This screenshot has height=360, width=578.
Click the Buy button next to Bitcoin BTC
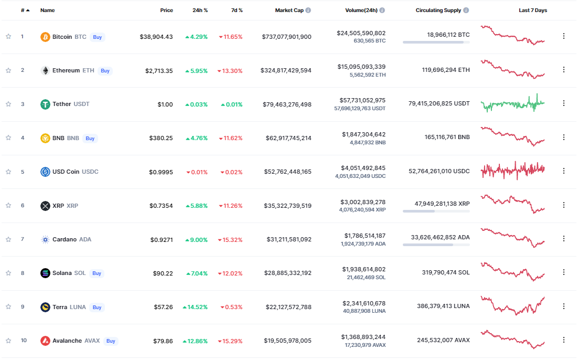[98, 37]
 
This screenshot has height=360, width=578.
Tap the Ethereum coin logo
[45, 70]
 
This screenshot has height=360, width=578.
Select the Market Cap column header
[290, 10]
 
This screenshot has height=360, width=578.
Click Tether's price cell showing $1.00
[165, 104]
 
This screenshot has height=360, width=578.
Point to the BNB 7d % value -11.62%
[231, 139]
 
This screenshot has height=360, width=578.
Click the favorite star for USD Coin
[8, 172]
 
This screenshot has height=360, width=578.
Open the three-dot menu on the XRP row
[564, 205]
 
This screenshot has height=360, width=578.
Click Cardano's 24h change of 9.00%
[197, 240]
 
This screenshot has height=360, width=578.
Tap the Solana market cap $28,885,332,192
[288, 273]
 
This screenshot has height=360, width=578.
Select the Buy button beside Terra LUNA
[97, 307]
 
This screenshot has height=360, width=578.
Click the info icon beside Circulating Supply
[466, 10]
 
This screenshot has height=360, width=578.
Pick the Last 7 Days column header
[533, 10]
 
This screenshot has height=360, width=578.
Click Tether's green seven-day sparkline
[513, 104]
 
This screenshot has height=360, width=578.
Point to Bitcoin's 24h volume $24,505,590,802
[361, 33]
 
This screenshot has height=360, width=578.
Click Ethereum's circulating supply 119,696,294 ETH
[446, 70]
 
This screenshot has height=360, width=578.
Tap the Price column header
[167, 10]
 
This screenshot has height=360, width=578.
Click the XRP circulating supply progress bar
[436, 211]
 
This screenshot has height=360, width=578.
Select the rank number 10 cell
[24, 341]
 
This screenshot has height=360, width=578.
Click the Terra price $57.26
[163, 307]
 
